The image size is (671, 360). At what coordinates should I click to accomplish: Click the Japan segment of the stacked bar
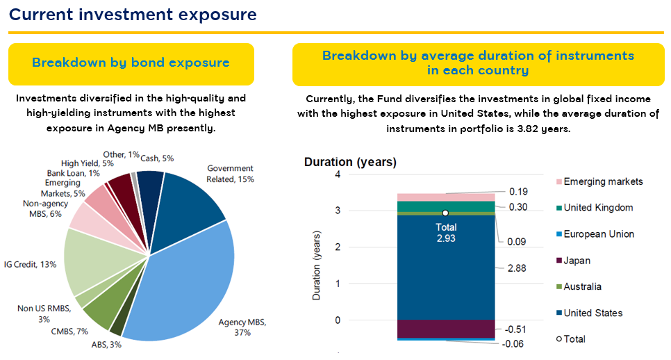coord(445,329)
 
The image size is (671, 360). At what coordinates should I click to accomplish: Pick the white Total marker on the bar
coord(445,213)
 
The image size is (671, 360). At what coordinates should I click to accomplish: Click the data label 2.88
coord(517,267)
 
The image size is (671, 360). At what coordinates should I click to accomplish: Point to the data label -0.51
coord(516,329)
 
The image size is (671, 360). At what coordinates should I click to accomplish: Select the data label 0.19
coord(517,191)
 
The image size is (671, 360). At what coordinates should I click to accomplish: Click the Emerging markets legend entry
coord(603,182)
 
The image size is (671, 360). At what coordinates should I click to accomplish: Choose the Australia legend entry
coord(582,287)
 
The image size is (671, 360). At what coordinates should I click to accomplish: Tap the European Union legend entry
coord(598,234)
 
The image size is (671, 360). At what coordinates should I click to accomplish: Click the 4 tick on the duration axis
coord(338,174)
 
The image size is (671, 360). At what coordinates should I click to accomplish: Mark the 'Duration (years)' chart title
coord(350,162)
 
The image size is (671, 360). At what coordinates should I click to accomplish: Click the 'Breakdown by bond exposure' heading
coord(131,63)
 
